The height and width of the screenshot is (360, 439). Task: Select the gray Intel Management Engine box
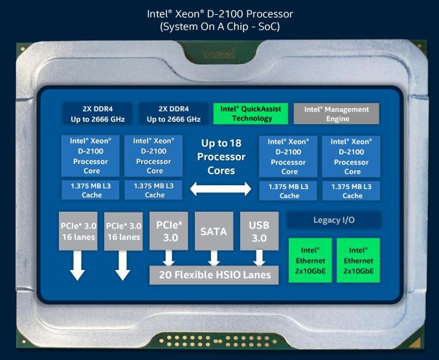[x=337, y=114]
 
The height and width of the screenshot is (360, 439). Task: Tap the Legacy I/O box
[x=334, y=220]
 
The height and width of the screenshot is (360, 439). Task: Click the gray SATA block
[x=214, y=231]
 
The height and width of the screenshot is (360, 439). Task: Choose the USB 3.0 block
[x=259, y=231]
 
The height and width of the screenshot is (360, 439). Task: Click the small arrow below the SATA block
[x=214, y=258]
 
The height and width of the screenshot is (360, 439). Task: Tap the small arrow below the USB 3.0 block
[x=259, y=258]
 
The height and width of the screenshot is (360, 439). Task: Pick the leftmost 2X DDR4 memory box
[x=98, y=114]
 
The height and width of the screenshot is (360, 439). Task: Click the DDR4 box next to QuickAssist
[x=174, y=114]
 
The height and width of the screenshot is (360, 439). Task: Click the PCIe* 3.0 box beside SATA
[x=168, y=231]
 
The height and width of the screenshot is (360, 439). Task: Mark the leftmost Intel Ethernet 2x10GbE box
[x=310, y=260]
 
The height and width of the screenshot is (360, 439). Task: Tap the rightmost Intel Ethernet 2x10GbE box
[x=358, y=260]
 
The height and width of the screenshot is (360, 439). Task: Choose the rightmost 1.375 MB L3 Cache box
[x=352, y=190]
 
